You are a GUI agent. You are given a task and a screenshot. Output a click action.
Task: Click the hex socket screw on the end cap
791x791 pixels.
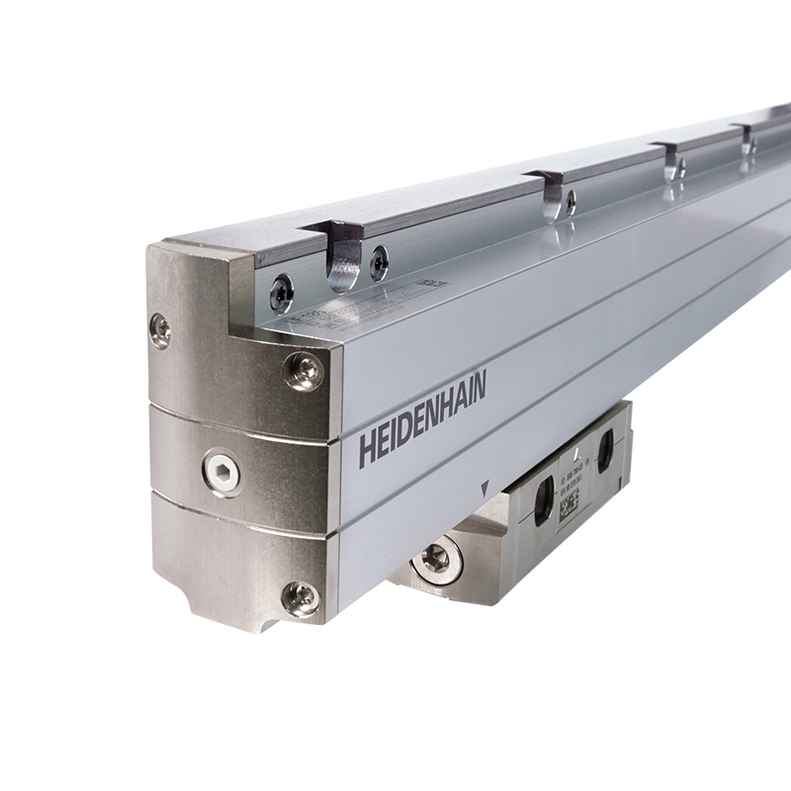221,471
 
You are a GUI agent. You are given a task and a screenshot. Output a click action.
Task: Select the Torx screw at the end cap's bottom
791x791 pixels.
300,597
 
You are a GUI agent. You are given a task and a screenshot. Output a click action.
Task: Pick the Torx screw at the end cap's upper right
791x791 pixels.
304,371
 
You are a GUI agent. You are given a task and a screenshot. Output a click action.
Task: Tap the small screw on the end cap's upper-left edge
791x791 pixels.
159,329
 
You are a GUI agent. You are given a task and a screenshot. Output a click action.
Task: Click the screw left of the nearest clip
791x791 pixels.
282,293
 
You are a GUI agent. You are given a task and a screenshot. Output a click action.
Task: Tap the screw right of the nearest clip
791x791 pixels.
378,263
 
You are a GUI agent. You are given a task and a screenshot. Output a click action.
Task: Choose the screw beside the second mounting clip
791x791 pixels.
571,203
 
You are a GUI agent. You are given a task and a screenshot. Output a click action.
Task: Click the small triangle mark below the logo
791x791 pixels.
483,489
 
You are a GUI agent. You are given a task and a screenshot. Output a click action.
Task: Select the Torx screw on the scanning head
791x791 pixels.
435,560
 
